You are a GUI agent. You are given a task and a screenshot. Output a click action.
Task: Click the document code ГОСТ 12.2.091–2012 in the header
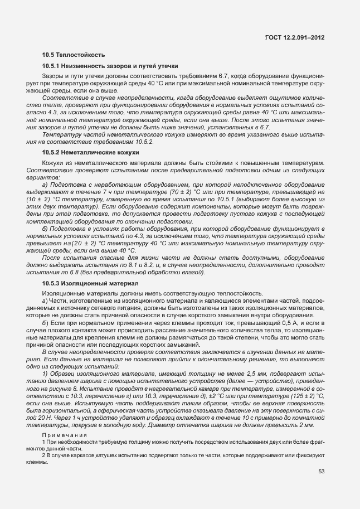click(296, 37)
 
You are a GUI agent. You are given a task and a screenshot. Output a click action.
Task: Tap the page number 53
click(322, 472)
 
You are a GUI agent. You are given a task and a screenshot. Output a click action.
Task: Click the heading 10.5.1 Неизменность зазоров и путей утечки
click(110, 66)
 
